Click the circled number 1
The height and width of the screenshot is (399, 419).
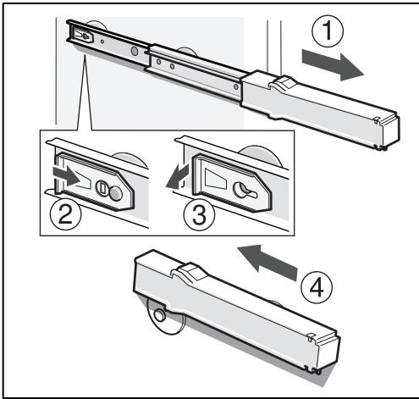tap(328, 31)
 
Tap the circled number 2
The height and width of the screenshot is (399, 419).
tap(65, 214)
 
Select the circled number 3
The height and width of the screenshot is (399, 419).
tap(199, 215)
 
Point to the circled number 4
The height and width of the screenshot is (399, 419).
tap(317, 288)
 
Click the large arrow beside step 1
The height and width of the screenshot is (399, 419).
tap(333, 65)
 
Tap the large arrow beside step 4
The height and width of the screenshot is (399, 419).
tap(267, 262)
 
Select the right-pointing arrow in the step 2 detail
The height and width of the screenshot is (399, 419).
tap(67, 176)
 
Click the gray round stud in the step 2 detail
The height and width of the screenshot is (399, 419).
tap(115, 193)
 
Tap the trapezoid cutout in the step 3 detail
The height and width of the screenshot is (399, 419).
tap(215, 179)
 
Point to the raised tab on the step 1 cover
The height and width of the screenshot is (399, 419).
tap(283, 82)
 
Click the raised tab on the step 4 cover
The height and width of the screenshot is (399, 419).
tap(189, 272)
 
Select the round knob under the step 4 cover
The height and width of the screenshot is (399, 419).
tap(160, 315)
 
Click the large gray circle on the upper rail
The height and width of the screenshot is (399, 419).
tap(135, 51)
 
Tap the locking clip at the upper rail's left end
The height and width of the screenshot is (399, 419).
tap(82, 35)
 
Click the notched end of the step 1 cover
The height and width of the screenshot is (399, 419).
tap(387, 132)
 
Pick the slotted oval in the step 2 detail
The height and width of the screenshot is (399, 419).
tap(102, 188)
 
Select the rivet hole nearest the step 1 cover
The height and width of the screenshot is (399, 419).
tap(236, 86)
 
